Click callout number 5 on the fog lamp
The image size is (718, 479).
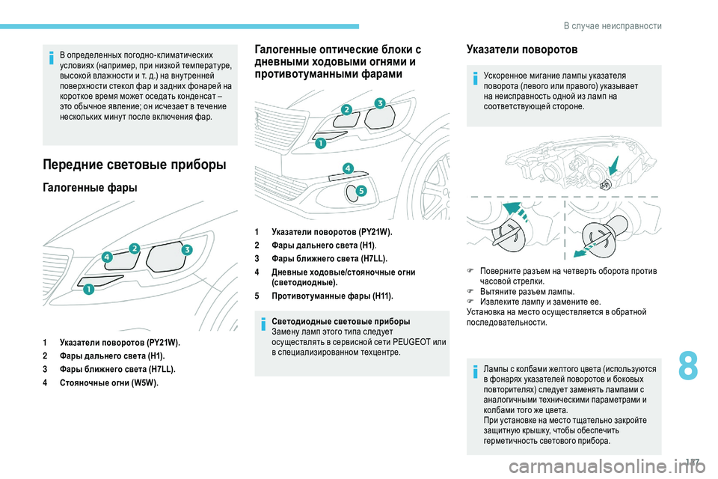pyautogui.click(x=360, y=191)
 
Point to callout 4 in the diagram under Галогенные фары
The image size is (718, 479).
pyautogui.click(x=108, y=257)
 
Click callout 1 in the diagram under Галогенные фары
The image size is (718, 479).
pyautogui.click(x=88, y=289)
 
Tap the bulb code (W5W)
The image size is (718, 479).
pyautogui.click(x=143, y=383)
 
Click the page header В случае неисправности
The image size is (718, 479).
pyautogui.click(x=612, y=26)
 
